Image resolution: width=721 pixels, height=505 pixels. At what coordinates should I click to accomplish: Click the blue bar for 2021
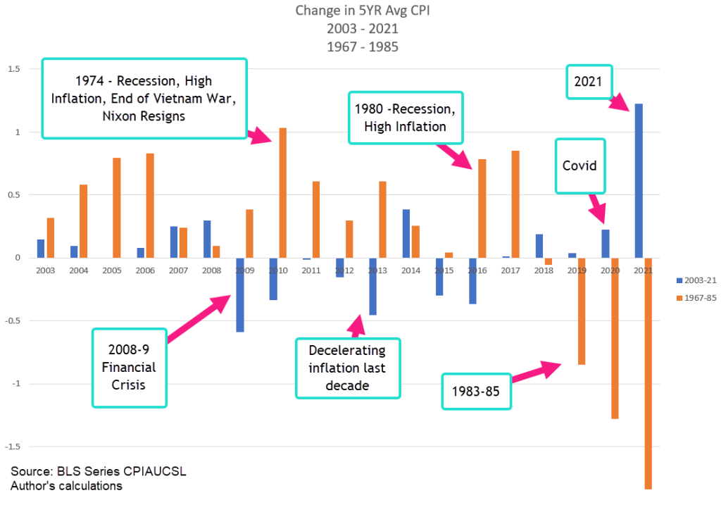[639, 180]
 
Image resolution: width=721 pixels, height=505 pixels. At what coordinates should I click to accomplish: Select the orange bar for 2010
[283, 192]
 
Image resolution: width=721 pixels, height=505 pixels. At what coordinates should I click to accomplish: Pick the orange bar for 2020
[615, 338]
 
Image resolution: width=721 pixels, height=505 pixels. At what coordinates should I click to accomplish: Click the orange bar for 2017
[515, 204]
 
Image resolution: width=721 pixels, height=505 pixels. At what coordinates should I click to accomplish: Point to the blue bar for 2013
[372, 286]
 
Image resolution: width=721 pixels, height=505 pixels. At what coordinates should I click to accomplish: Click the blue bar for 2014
[406, 233]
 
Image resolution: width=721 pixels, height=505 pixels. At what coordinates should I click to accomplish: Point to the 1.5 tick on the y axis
[14, 69]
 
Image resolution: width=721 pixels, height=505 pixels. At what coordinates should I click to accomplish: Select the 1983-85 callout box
[476, 392]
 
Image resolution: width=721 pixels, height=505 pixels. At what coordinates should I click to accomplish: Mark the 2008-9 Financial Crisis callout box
[130, 367]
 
